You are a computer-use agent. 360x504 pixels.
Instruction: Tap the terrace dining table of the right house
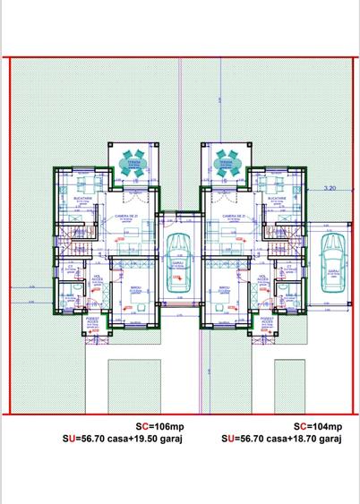[224, 162]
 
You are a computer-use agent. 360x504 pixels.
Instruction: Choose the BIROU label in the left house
[135, 288]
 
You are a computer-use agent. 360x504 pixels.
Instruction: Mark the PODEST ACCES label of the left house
[96, 320]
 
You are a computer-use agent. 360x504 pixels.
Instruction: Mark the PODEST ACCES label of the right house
[265, 320]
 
